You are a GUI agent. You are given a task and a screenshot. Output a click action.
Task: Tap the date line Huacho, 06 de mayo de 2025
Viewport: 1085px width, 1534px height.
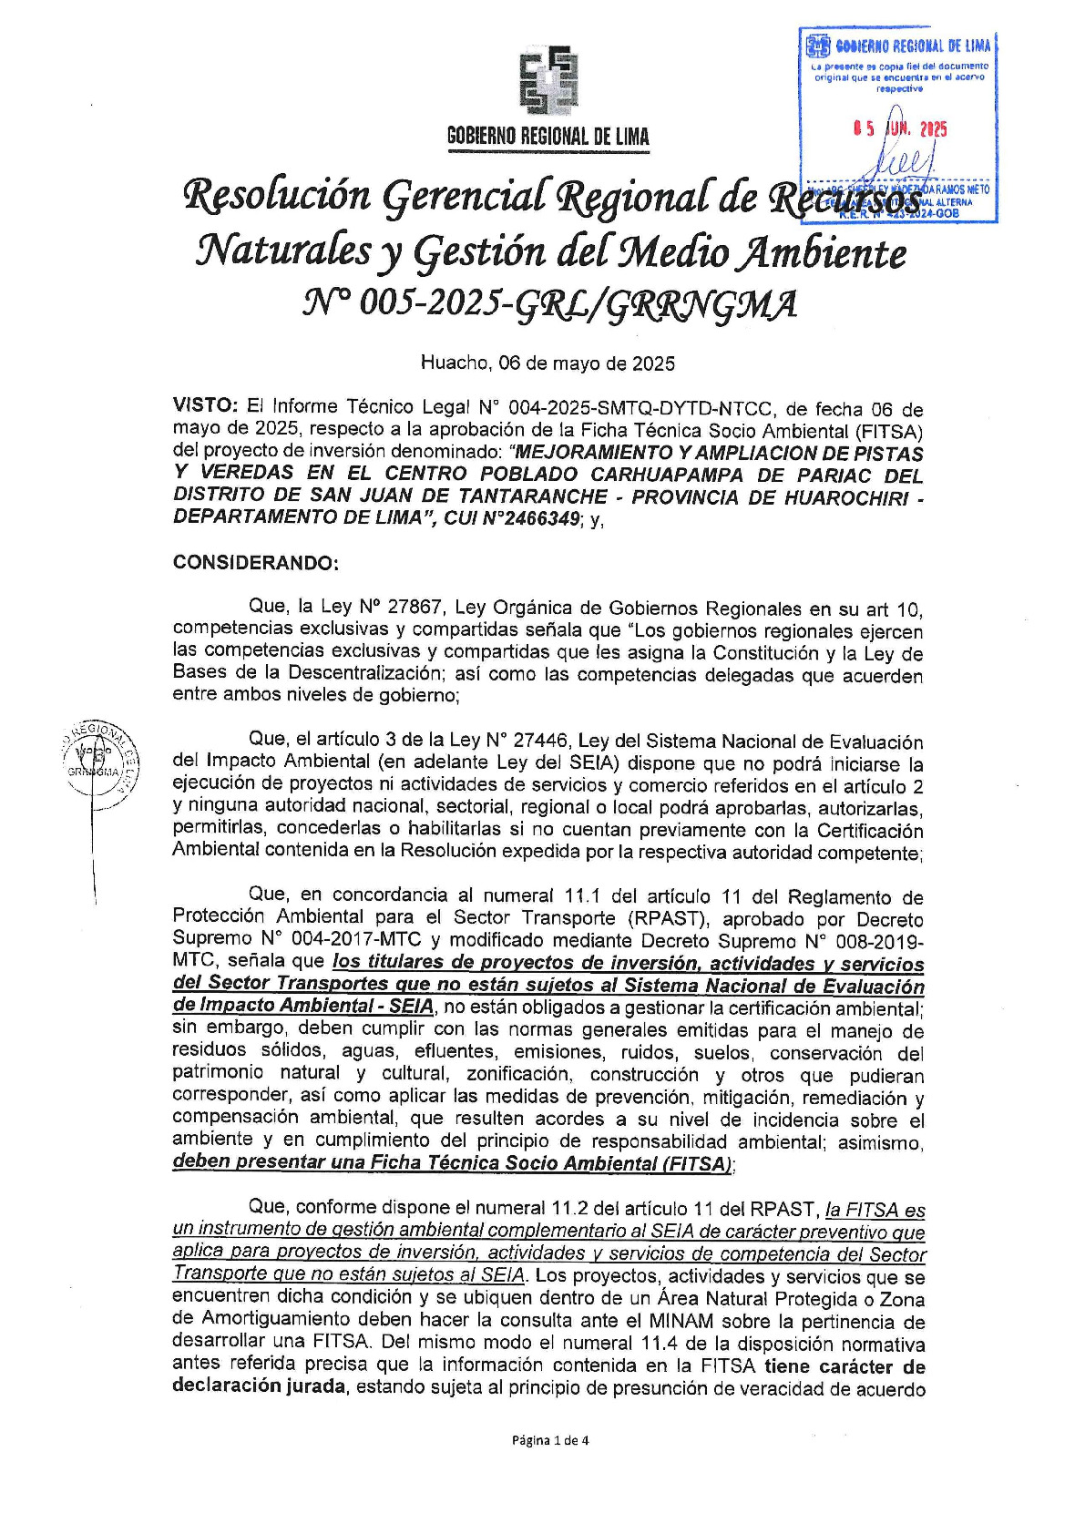(548, 363)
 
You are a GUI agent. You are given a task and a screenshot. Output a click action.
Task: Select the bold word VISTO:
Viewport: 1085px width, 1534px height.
(206, 407)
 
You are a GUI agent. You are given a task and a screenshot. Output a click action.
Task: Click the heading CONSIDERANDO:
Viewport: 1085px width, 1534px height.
(256, 562)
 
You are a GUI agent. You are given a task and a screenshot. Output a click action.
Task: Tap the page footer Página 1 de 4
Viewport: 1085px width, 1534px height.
(550, 1440)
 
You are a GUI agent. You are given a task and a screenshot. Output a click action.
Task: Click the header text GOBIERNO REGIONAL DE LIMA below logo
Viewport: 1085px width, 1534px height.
(548, 138)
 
